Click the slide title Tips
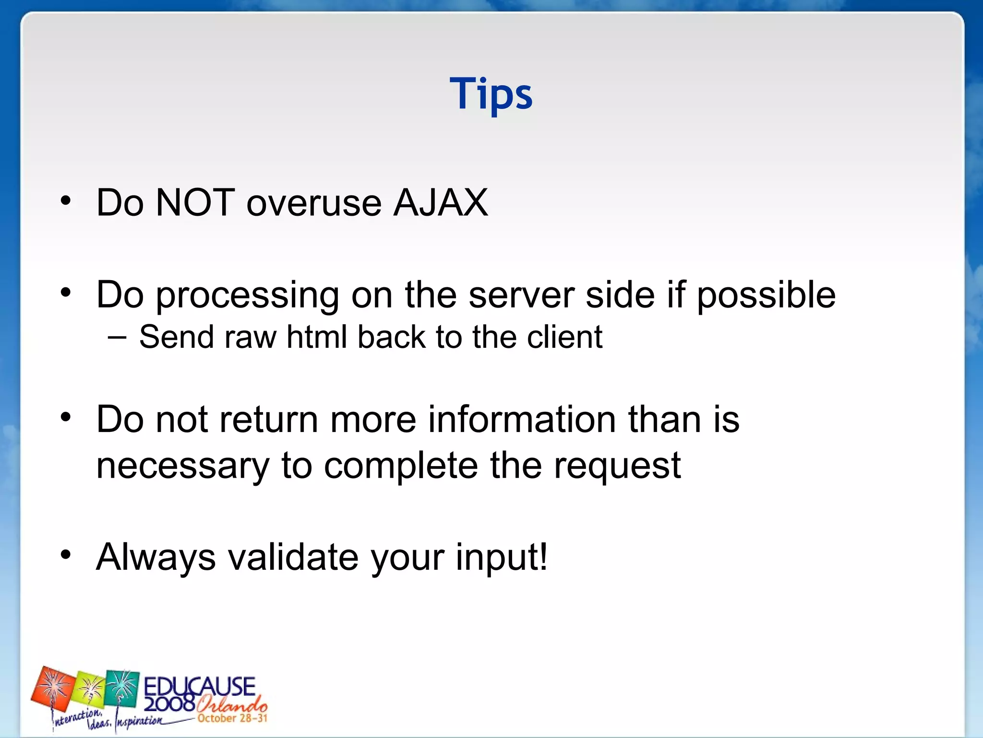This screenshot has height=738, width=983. pos(491,94)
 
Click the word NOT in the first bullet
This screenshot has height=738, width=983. pos(195,203)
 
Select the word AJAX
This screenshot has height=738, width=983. pos(440,203)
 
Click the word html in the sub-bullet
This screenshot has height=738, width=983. pos(316,337)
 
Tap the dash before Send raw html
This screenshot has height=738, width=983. pos(118,337)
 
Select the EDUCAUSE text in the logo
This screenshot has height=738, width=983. pos(199,686)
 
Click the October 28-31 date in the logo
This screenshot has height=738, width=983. pos(232,718)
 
